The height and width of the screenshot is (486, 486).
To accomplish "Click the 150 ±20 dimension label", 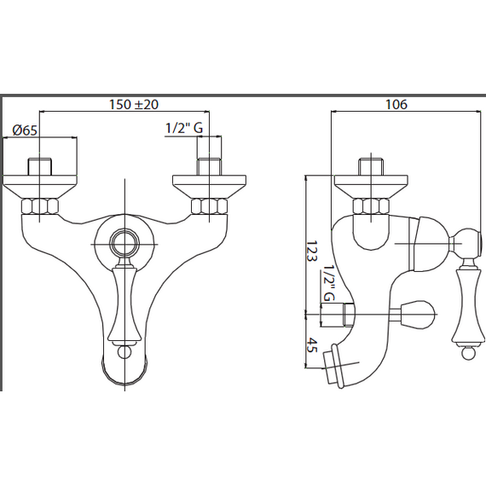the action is [x=134, y=105].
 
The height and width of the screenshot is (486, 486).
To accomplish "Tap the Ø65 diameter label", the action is [x=25, y=130].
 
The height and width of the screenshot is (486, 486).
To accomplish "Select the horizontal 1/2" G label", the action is [x=184, y=128].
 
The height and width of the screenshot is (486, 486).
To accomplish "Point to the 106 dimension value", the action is [x=396, y=105].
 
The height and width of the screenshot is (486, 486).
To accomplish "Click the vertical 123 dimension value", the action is [x=312, y=251].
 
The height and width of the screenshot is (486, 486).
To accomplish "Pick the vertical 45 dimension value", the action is [x=312, y=345].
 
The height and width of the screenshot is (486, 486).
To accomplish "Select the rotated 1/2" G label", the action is [x=328, y=283].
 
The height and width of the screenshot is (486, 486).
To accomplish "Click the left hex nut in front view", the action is [x=40, y=206].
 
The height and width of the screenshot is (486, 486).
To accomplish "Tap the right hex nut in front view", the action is [x=209, y=206].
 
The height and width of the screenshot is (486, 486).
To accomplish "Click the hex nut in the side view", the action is [x=371, y=206].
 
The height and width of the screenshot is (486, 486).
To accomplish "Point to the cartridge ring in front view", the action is [x=124, y=243].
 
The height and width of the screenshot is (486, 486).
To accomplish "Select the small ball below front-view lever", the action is [x=124, y=352].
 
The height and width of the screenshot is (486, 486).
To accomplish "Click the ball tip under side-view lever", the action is [x=468, y=353].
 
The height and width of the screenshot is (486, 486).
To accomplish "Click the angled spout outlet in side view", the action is [x=335, y=365].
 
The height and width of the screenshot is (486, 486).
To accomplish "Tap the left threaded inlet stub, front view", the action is [x=40, y=167].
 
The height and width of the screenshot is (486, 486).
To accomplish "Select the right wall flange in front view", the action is [x=209, y=187].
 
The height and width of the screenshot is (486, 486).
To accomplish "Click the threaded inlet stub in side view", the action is [x=371, y=167].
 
